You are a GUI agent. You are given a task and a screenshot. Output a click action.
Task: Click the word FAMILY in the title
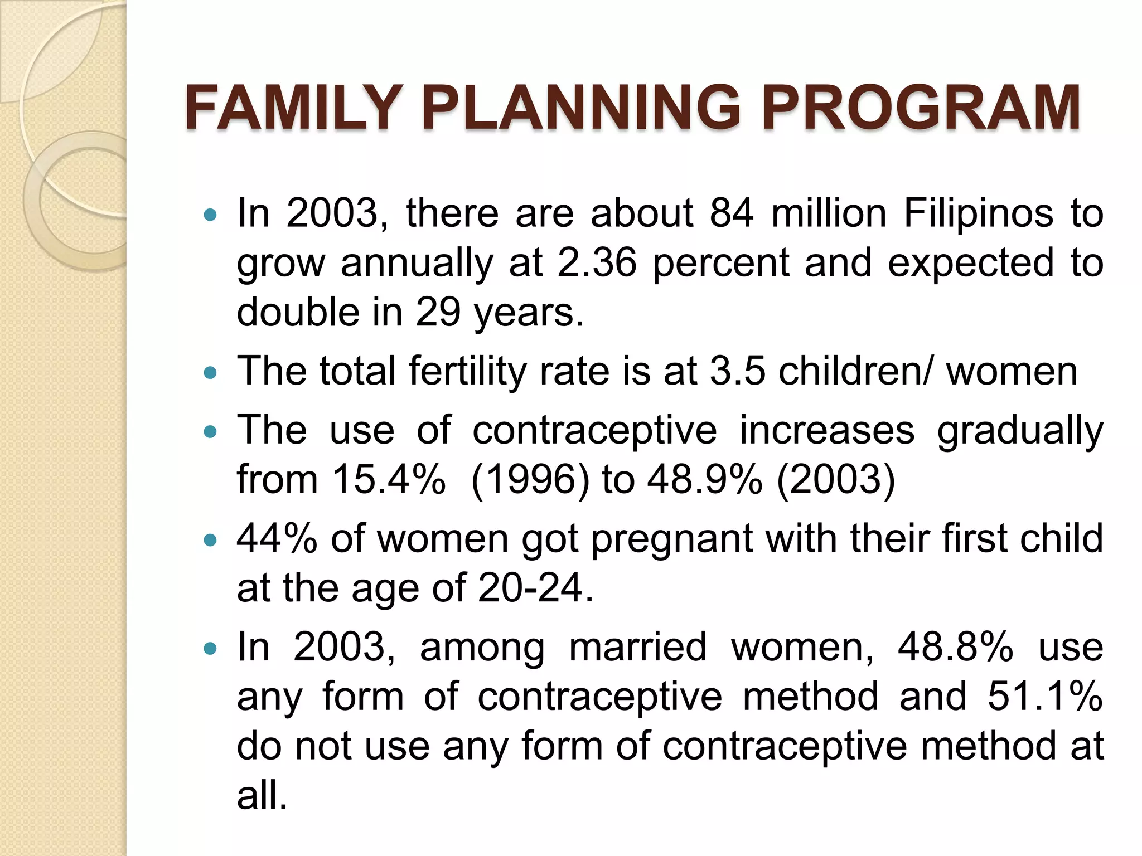click(293, 107)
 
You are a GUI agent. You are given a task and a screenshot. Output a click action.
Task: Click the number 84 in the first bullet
click(732, 213)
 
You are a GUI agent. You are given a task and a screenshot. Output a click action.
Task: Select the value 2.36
click(597, 262)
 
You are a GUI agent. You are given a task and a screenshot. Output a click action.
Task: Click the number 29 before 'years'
click(438, 312)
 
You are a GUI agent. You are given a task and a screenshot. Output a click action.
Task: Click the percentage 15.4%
click(389, 479)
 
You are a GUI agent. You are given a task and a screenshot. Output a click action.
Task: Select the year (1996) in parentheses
click(530, 479)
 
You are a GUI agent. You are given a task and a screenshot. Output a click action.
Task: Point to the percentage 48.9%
click(704, 479)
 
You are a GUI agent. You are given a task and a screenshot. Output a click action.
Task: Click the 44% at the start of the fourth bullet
click(277, 539)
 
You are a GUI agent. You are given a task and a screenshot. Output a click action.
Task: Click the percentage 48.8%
click(955, 648)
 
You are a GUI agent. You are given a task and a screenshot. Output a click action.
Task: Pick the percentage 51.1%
click(1045, 697)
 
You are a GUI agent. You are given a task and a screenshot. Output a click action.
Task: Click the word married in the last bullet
click(638, 648)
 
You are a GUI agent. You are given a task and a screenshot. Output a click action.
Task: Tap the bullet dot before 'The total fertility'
click(210, 373)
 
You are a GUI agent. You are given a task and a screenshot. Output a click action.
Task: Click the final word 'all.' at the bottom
click(262, 795)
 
